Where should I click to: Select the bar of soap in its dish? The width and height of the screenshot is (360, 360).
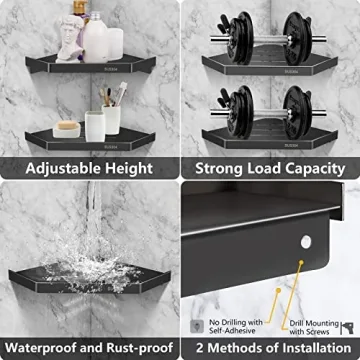67,128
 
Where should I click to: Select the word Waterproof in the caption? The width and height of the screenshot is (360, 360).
50,347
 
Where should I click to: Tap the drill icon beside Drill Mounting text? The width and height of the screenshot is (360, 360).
347,326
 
